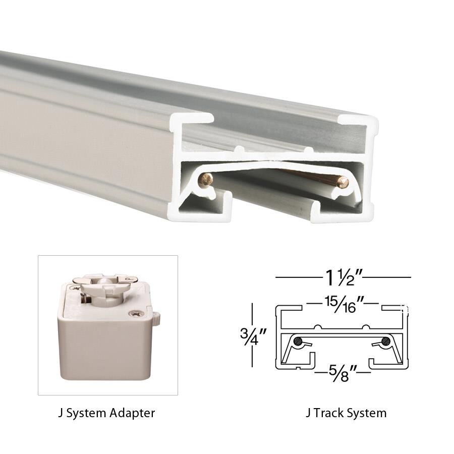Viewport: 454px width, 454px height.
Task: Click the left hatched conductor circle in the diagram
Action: tap(299, 342)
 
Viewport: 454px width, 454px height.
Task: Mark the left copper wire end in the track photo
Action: tap(205, 180)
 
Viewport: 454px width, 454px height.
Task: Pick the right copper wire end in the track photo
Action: tap(343, 183)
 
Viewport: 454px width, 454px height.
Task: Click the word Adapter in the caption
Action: tap(132, 413)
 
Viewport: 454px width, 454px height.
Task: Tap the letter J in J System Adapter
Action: tap(61, 413)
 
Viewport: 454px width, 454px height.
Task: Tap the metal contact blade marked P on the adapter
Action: tap(121, 278)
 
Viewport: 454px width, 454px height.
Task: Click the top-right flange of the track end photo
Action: tap(359, 121)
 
